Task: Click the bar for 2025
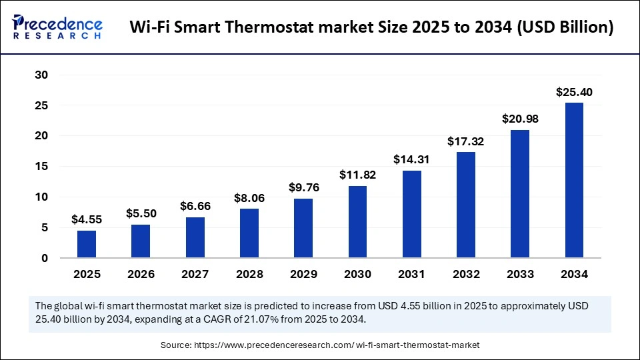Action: coord(87,244)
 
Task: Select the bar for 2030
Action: coord(357,222)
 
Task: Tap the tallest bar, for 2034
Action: coord(574,180)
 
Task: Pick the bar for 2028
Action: coord(249,233)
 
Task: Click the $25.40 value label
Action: coord(574,92)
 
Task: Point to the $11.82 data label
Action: coord(357,175)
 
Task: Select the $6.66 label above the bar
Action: coord(195,207)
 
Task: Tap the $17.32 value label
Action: coord(465,142)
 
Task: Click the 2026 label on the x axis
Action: coord(141,274)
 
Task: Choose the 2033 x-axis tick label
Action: coord(520,274)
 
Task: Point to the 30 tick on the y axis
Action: coord(41,75)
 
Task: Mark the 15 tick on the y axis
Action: coord(41,167)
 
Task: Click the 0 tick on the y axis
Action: coord(45,258)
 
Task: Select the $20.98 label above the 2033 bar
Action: coord(520,119)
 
